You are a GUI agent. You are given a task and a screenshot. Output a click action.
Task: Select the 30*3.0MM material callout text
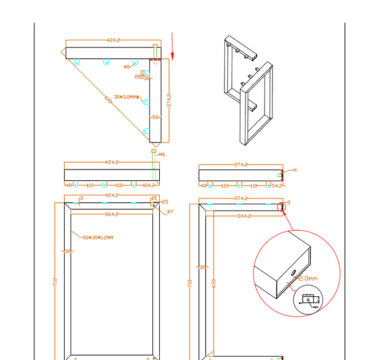126,97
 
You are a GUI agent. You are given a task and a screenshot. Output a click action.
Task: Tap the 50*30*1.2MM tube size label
98,238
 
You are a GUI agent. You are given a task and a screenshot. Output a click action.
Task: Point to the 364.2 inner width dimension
113,214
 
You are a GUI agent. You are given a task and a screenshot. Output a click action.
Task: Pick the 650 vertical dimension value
213,284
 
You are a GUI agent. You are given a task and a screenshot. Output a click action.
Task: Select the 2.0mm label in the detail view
308,278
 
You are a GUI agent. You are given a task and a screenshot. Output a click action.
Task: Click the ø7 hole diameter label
170,212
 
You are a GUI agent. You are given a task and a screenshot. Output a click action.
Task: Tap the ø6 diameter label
126,66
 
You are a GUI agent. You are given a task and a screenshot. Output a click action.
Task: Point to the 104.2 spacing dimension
148,186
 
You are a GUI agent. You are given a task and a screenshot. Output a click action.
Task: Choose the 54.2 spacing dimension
276,186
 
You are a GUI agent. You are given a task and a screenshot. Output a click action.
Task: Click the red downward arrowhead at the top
172,54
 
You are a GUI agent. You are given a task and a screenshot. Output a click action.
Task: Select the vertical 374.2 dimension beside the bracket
169,100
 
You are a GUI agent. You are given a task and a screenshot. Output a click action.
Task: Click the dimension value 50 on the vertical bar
155,118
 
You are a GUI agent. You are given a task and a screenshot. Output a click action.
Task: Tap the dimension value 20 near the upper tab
138,77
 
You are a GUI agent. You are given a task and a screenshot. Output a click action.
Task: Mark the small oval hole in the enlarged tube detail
293,272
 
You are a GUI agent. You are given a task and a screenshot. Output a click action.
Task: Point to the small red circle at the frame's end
281,207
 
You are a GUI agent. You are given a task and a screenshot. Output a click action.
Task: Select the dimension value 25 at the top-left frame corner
165,202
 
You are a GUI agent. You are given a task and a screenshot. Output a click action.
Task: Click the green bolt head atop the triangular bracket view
155,47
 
